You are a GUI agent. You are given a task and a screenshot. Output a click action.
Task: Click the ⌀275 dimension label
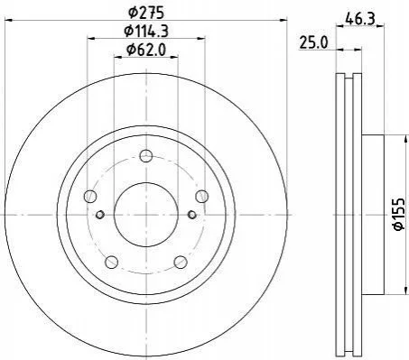click(146, 13)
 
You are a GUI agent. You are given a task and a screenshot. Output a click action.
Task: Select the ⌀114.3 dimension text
click(146, 31)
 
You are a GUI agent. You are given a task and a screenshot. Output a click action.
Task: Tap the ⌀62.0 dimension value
click(146, 50)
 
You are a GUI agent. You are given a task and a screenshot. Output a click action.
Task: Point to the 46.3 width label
click(360, 19)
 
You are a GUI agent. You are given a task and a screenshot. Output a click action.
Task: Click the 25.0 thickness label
click(313, 42)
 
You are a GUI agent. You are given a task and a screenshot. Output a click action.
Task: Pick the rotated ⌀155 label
click(401, 215)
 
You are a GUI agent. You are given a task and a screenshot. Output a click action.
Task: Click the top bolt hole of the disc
click(146, 156)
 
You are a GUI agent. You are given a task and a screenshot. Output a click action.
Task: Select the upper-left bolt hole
click(90, 197)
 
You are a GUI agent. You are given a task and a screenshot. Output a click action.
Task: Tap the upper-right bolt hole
click(201, 197)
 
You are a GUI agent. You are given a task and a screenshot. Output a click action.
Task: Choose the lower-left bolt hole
click(112, 262)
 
